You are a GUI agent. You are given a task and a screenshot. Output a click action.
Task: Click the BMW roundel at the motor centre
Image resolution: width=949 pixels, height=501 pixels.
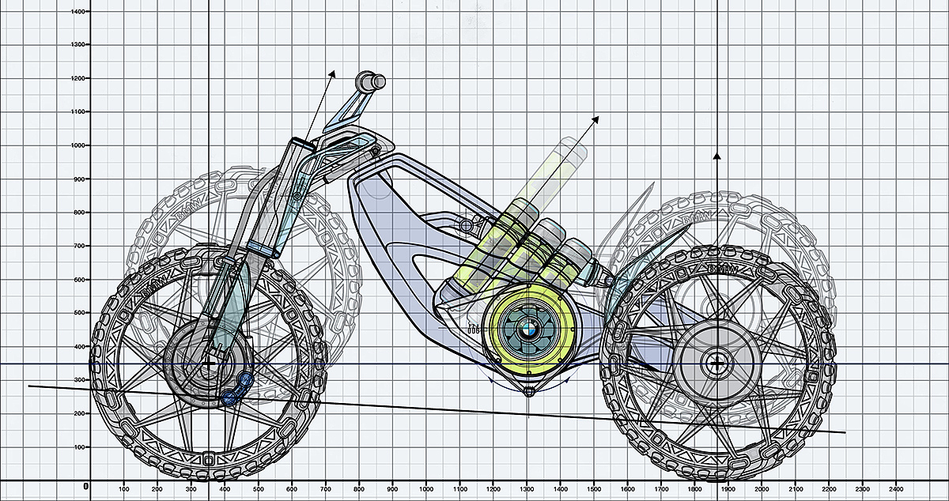(x=528, y=327)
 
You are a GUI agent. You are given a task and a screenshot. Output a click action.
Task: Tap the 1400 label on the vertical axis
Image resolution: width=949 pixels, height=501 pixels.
(x=78, y=12)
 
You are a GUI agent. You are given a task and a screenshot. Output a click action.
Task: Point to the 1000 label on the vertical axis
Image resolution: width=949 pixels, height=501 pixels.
(x=78, y=145)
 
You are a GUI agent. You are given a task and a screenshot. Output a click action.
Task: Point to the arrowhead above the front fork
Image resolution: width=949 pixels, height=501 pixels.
(x=333, y=73)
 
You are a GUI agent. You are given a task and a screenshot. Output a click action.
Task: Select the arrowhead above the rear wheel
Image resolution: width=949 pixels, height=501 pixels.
(x=716, y=156)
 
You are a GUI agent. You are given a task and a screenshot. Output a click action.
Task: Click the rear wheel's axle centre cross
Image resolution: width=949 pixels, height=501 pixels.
(x=716, y=364)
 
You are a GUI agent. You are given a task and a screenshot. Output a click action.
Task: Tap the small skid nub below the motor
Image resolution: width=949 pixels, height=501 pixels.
(x=528, y=390)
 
